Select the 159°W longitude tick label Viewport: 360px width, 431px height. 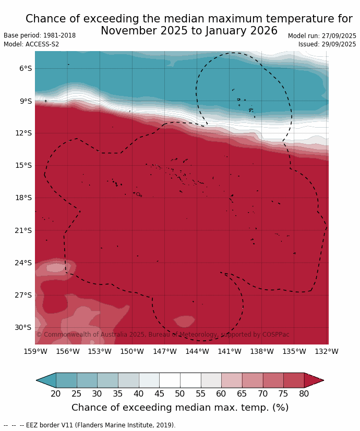click(x=35, y=352)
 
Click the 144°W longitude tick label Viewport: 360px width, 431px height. click(x=197, y=352)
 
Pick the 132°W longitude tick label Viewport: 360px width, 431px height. click(x=327, y=352)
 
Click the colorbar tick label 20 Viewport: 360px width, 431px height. click(x=56, y=394)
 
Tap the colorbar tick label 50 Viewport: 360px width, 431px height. click(x=180, y=394)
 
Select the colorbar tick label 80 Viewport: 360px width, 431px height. click(x=304, y=394)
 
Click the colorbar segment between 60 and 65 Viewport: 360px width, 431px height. click(x=232, y=380)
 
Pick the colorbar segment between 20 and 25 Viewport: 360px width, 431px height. click(x=66, y=380)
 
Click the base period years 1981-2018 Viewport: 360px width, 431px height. click(x=58, y=35)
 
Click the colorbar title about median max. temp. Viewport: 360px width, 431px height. click(x=180, y=408)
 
